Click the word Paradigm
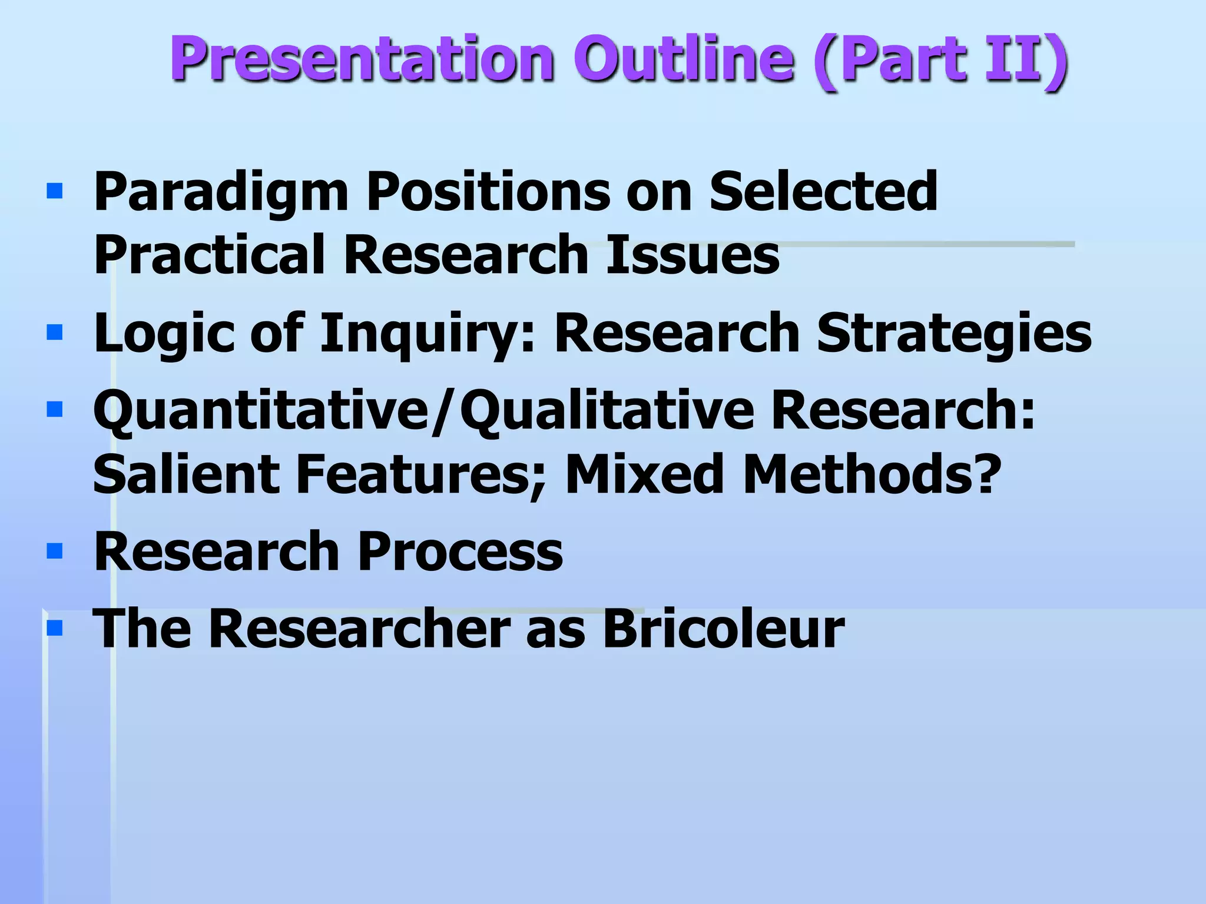coord(221,192)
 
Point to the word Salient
coord(186,474)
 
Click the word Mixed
coord(645,474)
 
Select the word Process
coord(460,552)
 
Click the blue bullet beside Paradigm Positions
coord(54,191)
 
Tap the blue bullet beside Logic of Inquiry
coord(54,333)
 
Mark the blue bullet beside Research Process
coord(54,551)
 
